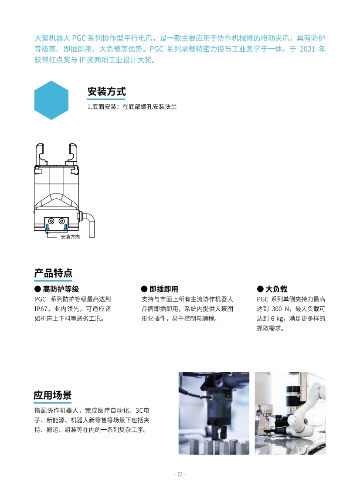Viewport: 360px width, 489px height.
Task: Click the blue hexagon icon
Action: point(51,100)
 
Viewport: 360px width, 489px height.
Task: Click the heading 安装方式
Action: point(107,92)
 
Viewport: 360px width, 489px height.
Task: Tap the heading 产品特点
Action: point(53,273)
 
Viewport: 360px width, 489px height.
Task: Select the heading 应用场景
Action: point(53,395)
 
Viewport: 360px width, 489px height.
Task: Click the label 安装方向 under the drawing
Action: point(71,237)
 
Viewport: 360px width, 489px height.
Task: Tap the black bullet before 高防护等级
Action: point(38,289)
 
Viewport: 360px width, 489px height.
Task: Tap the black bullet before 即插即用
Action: point(144,289)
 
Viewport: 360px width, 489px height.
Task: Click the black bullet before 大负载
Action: point(260,289)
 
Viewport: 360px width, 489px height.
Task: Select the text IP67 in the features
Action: point(41,309)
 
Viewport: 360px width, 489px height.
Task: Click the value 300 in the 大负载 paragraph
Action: point(277,309)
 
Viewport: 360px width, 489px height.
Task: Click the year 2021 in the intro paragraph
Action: point(307,49)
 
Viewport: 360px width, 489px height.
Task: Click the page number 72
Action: point(180,475)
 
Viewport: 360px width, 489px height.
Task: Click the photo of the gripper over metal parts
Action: point(214,413)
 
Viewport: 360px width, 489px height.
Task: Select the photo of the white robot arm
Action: point(290,413)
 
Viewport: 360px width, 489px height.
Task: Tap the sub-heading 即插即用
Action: point(164,289)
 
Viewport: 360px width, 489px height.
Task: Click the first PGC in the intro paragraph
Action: point(79,38)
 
